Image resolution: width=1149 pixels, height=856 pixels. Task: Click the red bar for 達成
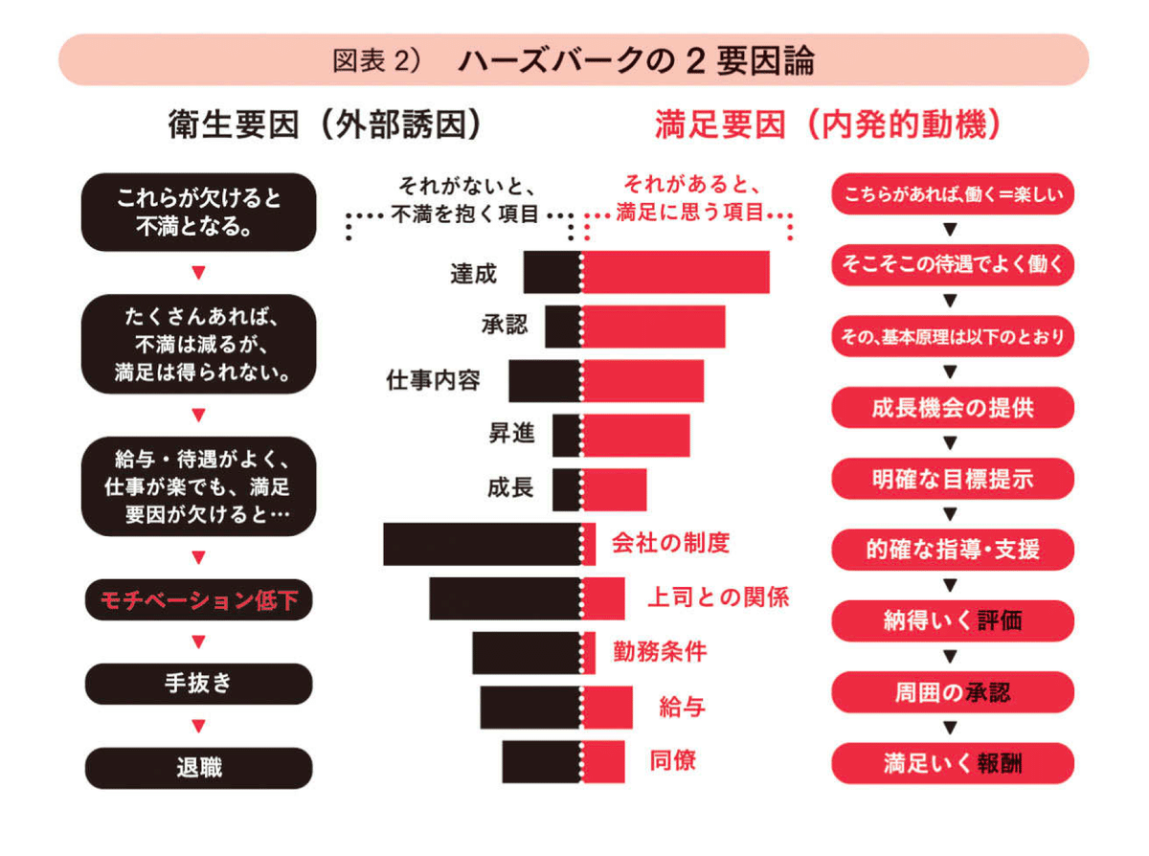[676, 272]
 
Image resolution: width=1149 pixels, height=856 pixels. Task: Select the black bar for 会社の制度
[482, 544]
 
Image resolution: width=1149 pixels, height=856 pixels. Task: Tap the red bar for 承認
[653, 327]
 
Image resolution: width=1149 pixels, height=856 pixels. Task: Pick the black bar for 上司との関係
[505, 598]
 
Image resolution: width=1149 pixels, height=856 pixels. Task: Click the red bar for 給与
[608, 708]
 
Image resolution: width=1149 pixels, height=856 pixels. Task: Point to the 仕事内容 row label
[433, 381]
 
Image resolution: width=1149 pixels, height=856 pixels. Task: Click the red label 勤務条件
[660, 652]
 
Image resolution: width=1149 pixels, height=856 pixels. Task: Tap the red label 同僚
[672, 761]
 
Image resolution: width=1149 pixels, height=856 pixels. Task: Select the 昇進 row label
[511, 435]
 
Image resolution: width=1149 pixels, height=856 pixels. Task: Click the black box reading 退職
[198, 768]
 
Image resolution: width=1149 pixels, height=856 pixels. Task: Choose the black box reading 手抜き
[198, 684]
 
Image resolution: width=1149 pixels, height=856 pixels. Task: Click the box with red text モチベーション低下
[198, 600]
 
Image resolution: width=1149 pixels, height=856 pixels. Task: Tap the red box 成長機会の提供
[952, 407]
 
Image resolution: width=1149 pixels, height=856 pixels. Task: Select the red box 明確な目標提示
[952, 478]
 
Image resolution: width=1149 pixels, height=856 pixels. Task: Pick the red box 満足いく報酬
[952, 763]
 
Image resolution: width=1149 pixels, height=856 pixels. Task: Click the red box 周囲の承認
[952, 691]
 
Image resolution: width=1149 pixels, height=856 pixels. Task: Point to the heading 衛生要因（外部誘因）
[324, 127]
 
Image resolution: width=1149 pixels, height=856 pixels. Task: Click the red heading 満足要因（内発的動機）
[829, 127]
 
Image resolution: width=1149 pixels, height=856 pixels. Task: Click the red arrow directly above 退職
[198, 727]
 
